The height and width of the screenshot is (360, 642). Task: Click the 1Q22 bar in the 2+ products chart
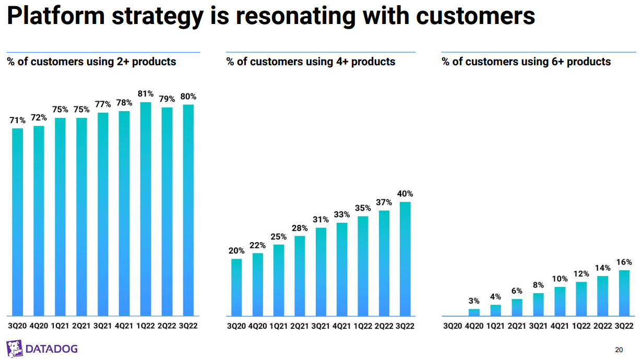[x=146, y=209]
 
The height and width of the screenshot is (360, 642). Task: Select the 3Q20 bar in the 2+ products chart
[x=18, y=222]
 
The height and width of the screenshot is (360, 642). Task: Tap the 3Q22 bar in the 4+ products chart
[x=405, y=259]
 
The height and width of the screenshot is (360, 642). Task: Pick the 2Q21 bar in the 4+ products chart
[x=300, y=276]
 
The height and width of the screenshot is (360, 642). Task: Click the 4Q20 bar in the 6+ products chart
[x=474, y=313]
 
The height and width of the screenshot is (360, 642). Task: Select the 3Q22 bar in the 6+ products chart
[x=624, y=293]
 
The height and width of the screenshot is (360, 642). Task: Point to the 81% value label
[x=146, y=94]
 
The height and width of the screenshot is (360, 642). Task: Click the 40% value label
[x=405, y=194]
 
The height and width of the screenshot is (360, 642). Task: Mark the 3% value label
[x=474, y=301]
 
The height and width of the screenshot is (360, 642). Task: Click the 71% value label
[x=18, y=121]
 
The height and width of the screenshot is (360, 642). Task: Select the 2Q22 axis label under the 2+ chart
[x=167, y=326]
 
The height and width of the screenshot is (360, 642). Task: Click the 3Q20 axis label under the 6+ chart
[x=453, y=326]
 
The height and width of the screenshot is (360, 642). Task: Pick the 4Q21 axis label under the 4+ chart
[x=342, y=326]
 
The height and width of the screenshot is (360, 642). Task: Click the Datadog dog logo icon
[x=14, y=348]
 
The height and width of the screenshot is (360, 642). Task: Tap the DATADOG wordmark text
[x=52, y=349]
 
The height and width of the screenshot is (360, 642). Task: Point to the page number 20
[x=619, y=350]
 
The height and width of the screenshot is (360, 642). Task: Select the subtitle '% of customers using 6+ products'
[x=526, y=62]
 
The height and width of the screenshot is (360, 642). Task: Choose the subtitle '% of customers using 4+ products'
[x=311, y=62]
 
